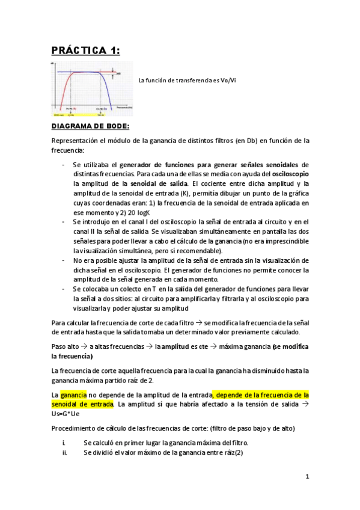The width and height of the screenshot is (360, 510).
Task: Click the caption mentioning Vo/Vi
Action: point(187,80)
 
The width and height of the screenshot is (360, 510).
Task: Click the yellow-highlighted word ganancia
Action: point(73,395)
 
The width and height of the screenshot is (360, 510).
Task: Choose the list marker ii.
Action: point(64,452)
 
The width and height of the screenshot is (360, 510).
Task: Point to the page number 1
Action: point(307,477)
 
